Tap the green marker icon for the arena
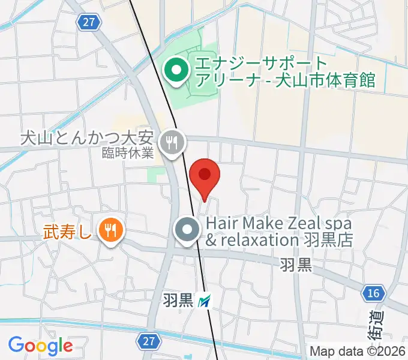[x=176, y=71]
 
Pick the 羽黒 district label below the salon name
[x=296, y=264]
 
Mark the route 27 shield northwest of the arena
[x=88, y=22]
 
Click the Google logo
[x=40, y=346]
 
